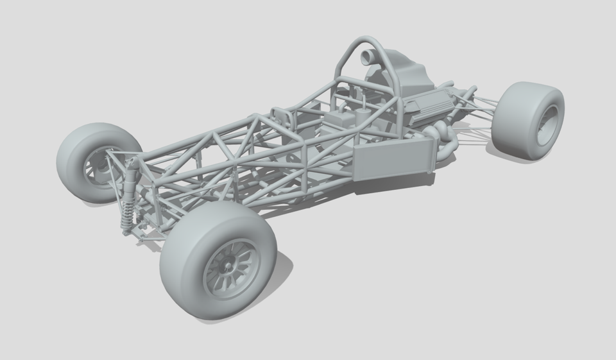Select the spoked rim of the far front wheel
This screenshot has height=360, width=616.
[96, 167]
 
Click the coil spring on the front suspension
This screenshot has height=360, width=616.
[126, 215]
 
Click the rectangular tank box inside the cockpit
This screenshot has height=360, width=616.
[340, 120]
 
